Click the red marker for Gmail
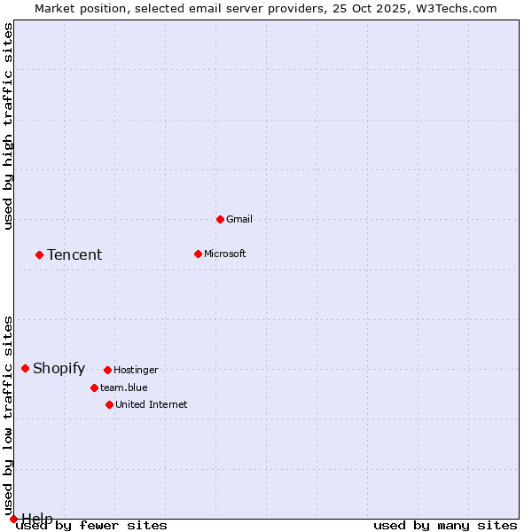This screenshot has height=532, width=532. point(220,219)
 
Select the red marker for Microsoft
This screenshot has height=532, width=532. point(198,254)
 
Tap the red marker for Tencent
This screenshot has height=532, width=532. point(39,254)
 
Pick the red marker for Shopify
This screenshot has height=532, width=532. point(25,368)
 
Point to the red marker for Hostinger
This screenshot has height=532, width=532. point(107,370)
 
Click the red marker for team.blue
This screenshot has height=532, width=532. point(94,387)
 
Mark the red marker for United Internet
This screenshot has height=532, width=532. point(109,404)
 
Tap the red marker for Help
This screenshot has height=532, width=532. point(13,519)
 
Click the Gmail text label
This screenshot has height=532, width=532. point(239,219)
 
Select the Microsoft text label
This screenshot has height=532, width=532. point(224,254)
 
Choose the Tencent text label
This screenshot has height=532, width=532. point(74,254)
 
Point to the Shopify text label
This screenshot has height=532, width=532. point(59,368)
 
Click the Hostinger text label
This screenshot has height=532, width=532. point(136,370)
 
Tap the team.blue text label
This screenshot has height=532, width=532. point(123,387)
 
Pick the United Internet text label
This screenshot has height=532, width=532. point(151,404)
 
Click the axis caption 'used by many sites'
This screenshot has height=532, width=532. point(445,526)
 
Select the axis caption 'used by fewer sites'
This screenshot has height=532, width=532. point(92,526)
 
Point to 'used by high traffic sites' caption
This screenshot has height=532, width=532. point(9,126)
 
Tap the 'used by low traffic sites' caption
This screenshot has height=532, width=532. point(9,415)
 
